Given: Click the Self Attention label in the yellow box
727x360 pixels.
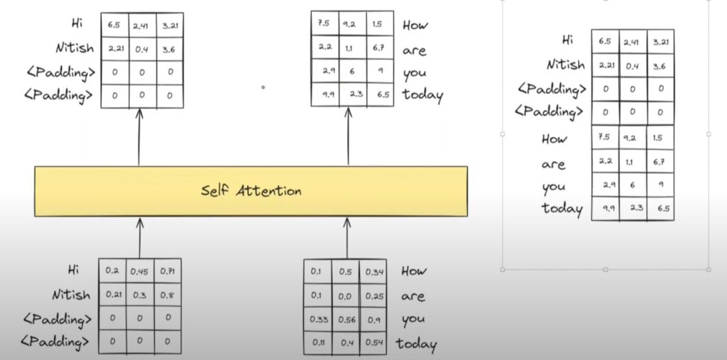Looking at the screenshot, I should click(x=251, y=191).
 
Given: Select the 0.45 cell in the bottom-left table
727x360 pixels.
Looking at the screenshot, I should click(x=139, y=270).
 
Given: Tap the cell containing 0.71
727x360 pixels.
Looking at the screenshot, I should click(x=168, y=270).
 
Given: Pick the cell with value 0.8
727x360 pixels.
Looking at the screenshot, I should click(x=168, y=294).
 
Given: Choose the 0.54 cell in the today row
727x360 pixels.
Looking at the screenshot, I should click(x=375, y=344).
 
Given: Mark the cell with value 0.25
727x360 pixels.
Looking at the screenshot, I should click(x=375, y=295).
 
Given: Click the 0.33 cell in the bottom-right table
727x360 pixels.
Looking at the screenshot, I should click(x=317, y=320).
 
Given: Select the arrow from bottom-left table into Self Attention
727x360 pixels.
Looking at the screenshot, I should click(x=139, y=236).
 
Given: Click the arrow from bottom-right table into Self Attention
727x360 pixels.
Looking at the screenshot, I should click(x=347, y=238).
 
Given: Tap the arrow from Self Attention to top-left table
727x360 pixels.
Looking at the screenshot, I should click(x=139, y=137).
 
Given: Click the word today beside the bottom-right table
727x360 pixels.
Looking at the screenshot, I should click(x=416, y=344).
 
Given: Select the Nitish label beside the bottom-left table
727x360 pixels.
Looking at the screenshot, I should click(x=71, y=294).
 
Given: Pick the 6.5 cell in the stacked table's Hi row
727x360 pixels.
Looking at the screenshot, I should click(x=605, y=40).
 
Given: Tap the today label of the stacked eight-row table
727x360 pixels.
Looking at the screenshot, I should click(x=562, y=209).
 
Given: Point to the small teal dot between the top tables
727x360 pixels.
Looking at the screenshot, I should click(x=263, y=88).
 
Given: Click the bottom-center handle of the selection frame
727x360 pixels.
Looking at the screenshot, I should click(x=605, y=270).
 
